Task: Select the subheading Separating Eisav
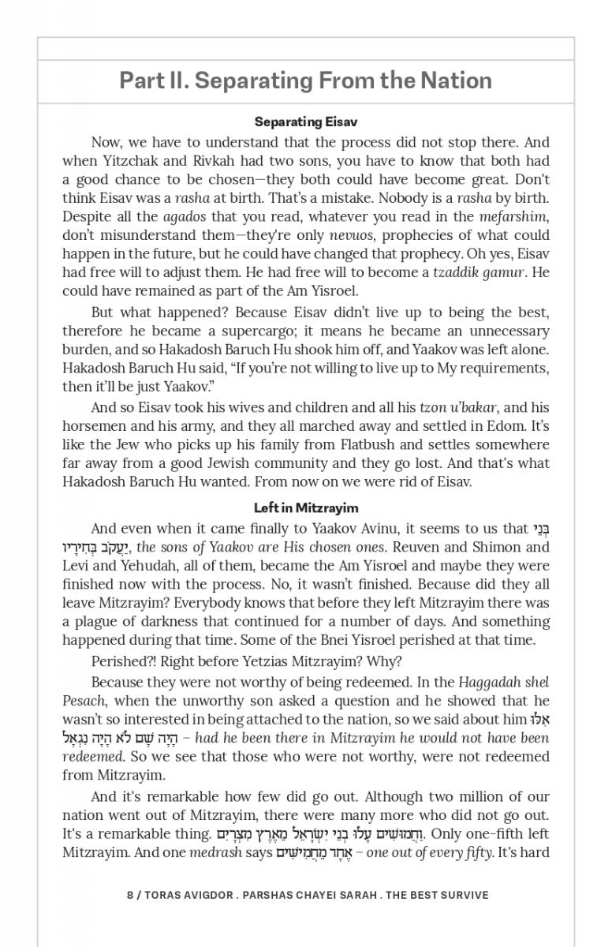coord(305,122)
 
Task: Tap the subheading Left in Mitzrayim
coord(305,508)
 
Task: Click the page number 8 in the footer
coord(130,895)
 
